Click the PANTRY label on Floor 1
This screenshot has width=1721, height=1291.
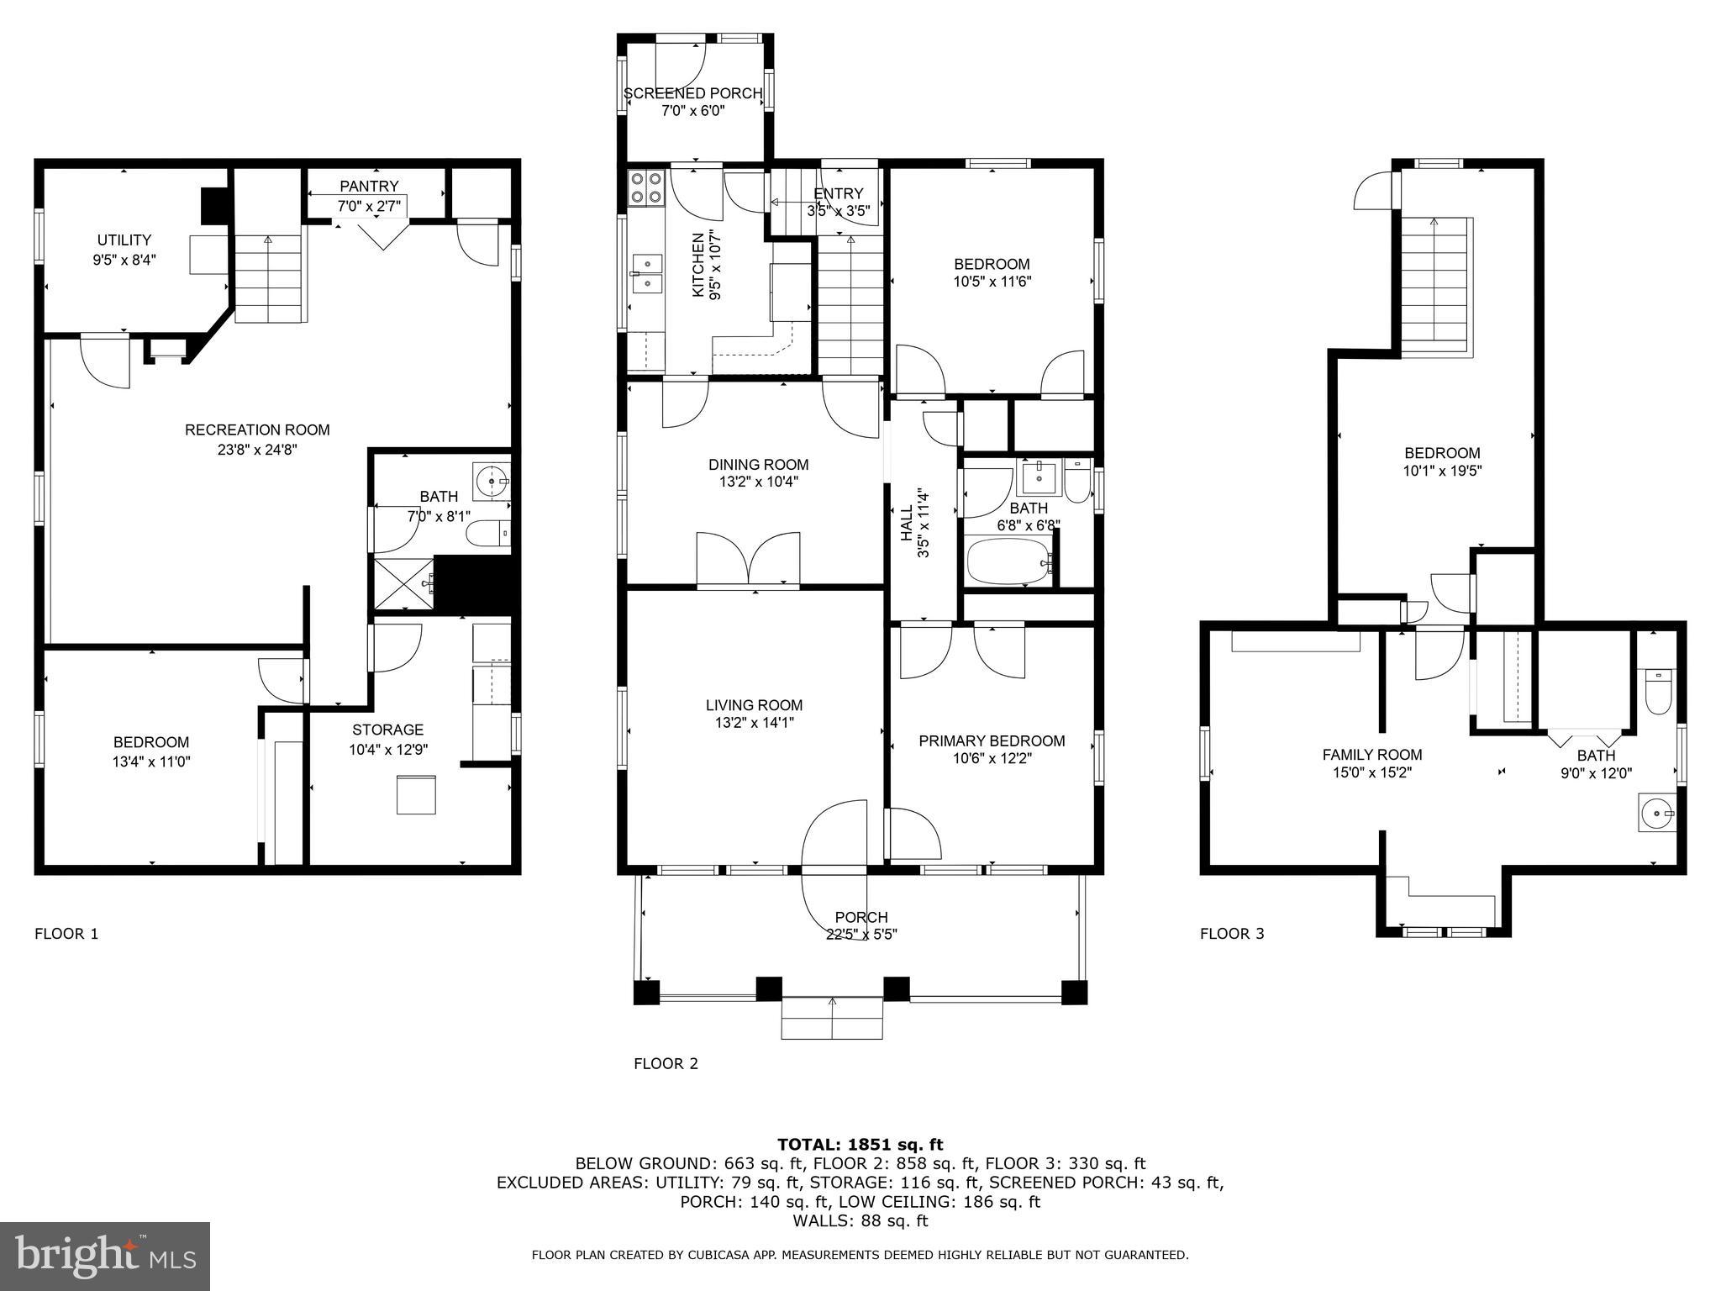[x=369, y=186]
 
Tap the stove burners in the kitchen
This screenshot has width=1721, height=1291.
[x=645, y=188]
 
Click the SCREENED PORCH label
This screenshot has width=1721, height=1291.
[x=692, y=93]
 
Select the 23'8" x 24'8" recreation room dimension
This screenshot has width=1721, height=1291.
[x=257, y=450]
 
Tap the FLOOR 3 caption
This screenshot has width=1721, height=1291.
[x=1231, y=933]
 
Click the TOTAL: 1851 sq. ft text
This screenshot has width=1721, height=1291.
[x=860, y=1144]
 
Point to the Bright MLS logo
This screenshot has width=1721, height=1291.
[x=105, y=1256]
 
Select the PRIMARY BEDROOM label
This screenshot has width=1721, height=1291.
[x=992, y=740]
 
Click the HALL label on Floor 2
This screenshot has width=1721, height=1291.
[x=906, y=521]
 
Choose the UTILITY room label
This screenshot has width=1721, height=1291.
[x=124, y=240]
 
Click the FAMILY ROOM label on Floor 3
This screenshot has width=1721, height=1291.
[x=1371, y=755]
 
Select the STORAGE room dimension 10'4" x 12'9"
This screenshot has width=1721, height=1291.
[x=388, y=750]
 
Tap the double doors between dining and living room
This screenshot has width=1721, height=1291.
[x=748, y=557]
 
